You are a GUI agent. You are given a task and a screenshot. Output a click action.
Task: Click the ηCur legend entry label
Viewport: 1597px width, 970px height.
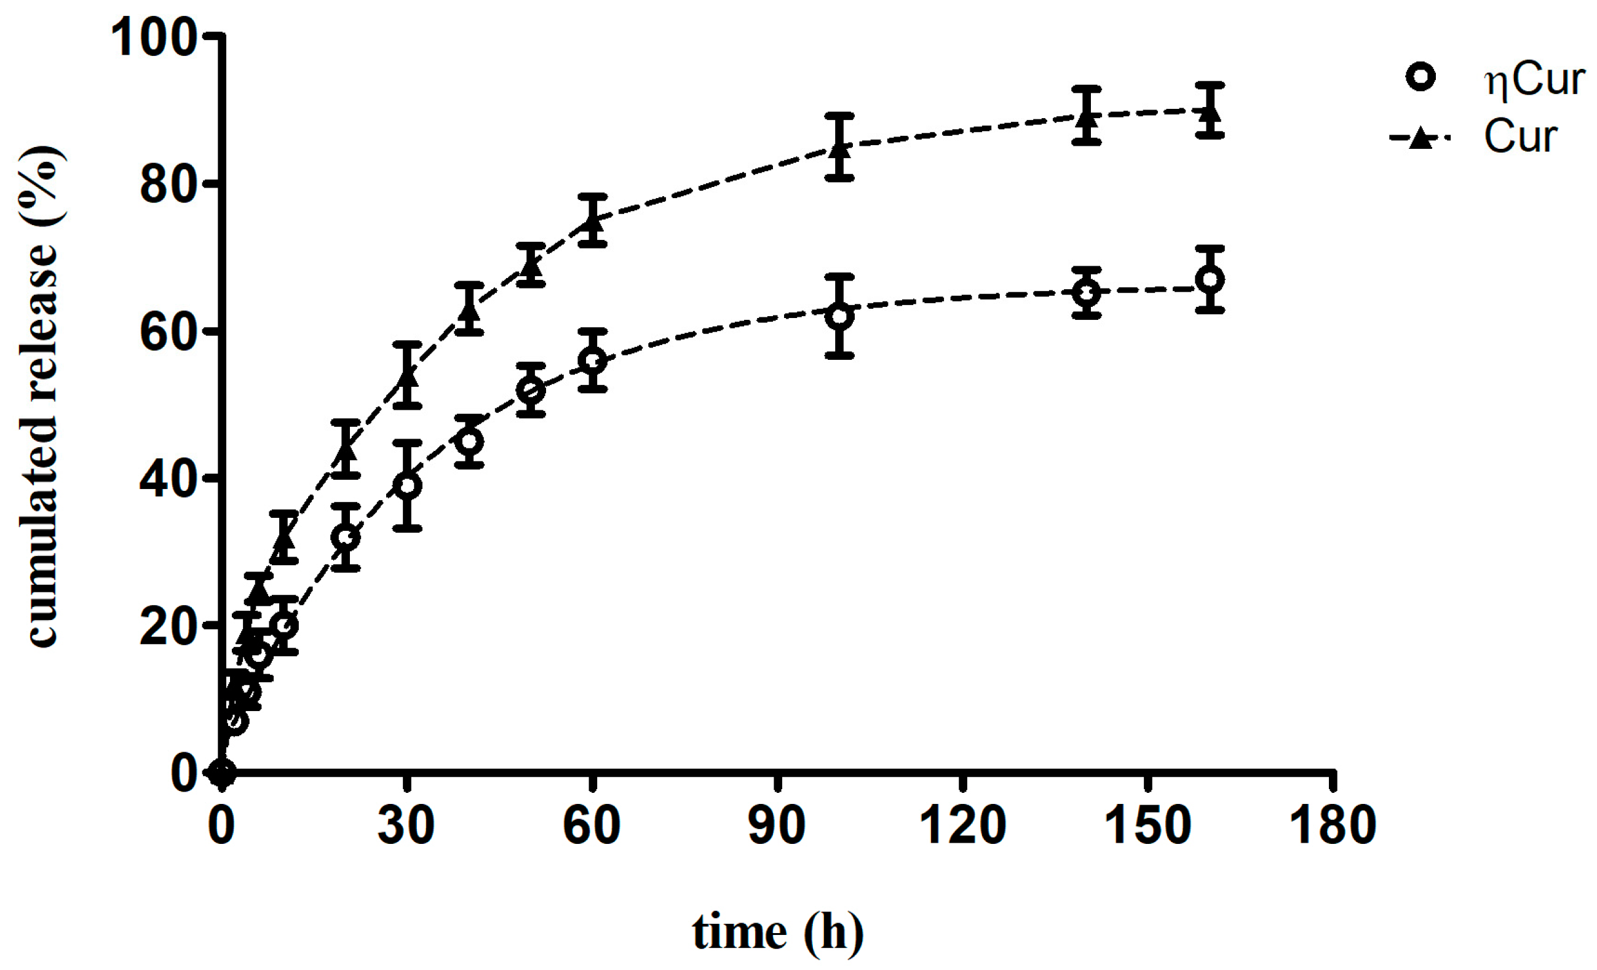1533,81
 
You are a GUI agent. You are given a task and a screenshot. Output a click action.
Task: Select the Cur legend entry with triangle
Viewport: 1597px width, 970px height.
1520,137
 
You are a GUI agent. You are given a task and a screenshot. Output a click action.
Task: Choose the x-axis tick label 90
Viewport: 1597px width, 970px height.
777,826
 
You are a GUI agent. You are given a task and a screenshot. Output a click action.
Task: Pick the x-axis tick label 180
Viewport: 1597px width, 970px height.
1333,826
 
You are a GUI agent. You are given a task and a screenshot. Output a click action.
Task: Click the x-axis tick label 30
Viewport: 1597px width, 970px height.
406,826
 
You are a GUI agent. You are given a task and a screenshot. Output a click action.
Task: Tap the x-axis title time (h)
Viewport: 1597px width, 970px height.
778,932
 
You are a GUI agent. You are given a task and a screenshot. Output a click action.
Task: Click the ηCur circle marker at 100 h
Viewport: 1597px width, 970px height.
840,316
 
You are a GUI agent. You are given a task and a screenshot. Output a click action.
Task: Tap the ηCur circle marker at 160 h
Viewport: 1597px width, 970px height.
1210,279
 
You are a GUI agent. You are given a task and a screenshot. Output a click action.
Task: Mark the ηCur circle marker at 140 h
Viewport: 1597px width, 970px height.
1087,292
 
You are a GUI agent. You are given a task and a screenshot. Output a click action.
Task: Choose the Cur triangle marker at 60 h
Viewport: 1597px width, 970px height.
592,220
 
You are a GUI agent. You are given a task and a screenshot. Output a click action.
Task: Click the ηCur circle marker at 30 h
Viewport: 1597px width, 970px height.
407,485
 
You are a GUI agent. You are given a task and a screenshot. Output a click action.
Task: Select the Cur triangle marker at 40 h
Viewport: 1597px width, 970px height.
469,310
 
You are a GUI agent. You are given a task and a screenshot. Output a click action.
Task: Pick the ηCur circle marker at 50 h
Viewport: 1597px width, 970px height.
531,391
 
